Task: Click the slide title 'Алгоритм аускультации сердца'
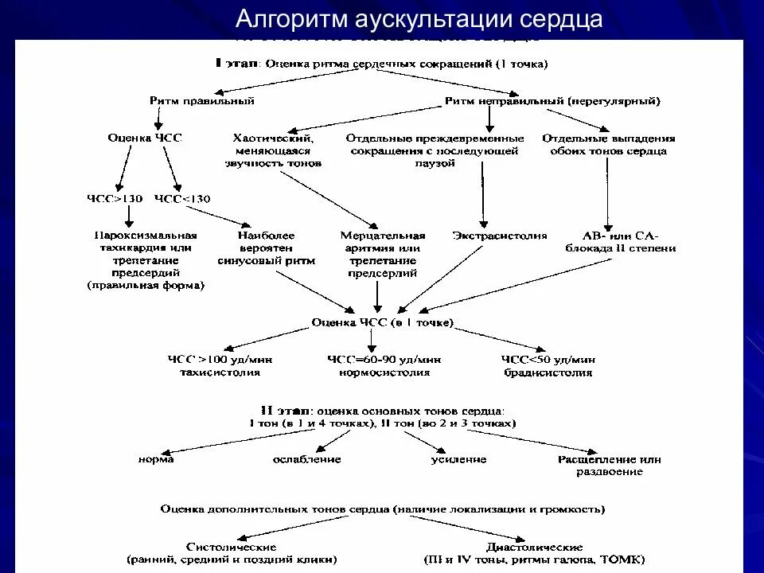tap(419, 19)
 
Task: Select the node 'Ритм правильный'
tap(202, 101)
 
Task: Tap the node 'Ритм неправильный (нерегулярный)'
tap(552, 101)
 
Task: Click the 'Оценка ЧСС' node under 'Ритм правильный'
tap(145, 138)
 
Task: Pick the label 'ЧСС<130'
tap(182, 199)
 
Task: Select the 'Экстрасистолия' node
tap(500, 236)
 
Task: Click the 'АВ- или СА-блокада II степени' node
tap(621, 242)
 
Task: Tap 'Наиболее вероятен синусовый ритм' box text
tap(266, 248)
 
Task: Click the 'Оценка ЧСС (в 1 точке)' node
tap(382, 322)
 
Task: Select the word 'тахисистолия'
tap(220, 372)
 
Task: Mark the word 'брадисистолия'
tap(548, 372)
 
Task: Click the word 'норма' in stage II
tap(155, 459)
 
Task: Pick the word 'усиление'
tap(459, 459)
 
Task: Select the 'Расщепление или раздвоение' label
tap(610, 466)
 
